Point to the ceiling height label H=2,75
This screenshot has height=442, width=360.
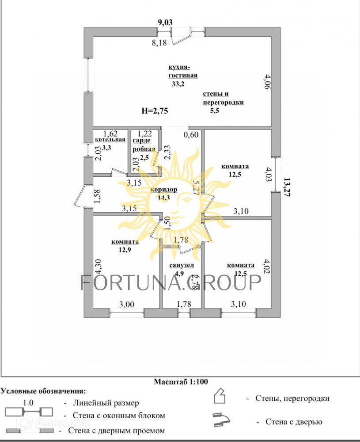tap(155, 111)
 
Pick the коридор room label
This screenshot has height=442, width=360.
tap(164, 190)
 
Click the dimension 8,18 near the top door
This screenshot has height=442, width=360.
tap(159, 43)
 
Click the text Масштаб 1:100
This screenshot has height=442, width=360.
tap(181, 381)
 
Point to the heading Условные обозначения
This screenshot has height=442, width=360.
tap(43, 391)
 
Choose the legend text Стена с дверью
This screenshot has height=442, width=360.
tap(294, 421)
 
